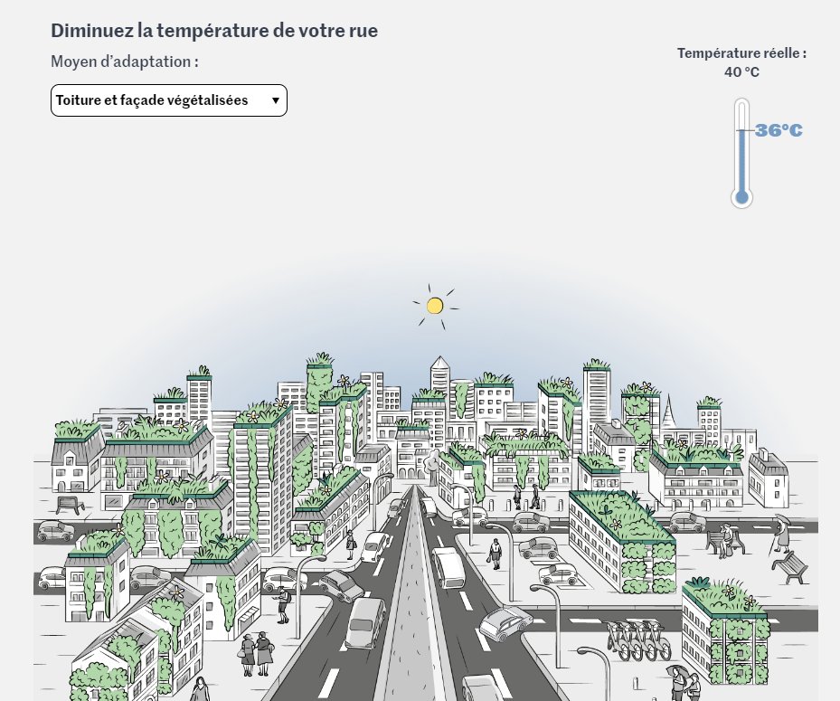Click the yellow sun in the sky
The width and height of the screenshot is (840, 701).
tap(434, 306)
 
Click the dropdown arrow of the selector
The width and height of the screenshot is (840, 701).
tap(275, 101)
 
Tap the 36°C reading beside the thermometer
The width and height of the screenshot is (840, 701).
tap(779, 131)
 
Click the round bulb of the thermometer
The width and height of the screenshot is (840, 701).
tap(741, 196)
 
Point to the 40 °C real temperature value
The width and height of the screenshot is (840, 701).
tap(741, 71)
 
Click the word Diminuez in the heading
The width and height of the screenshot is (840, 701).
tap(90, 30)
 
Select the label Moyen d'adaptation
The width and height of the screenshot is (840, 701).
tap(124, 62)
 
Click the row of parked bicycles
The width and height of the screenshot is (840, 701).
tap(638, 640)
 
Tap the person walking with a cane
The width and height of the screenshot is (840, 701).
tap(779, 534)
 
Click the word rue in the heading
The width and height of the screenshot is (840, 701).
tap(362, 30)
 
